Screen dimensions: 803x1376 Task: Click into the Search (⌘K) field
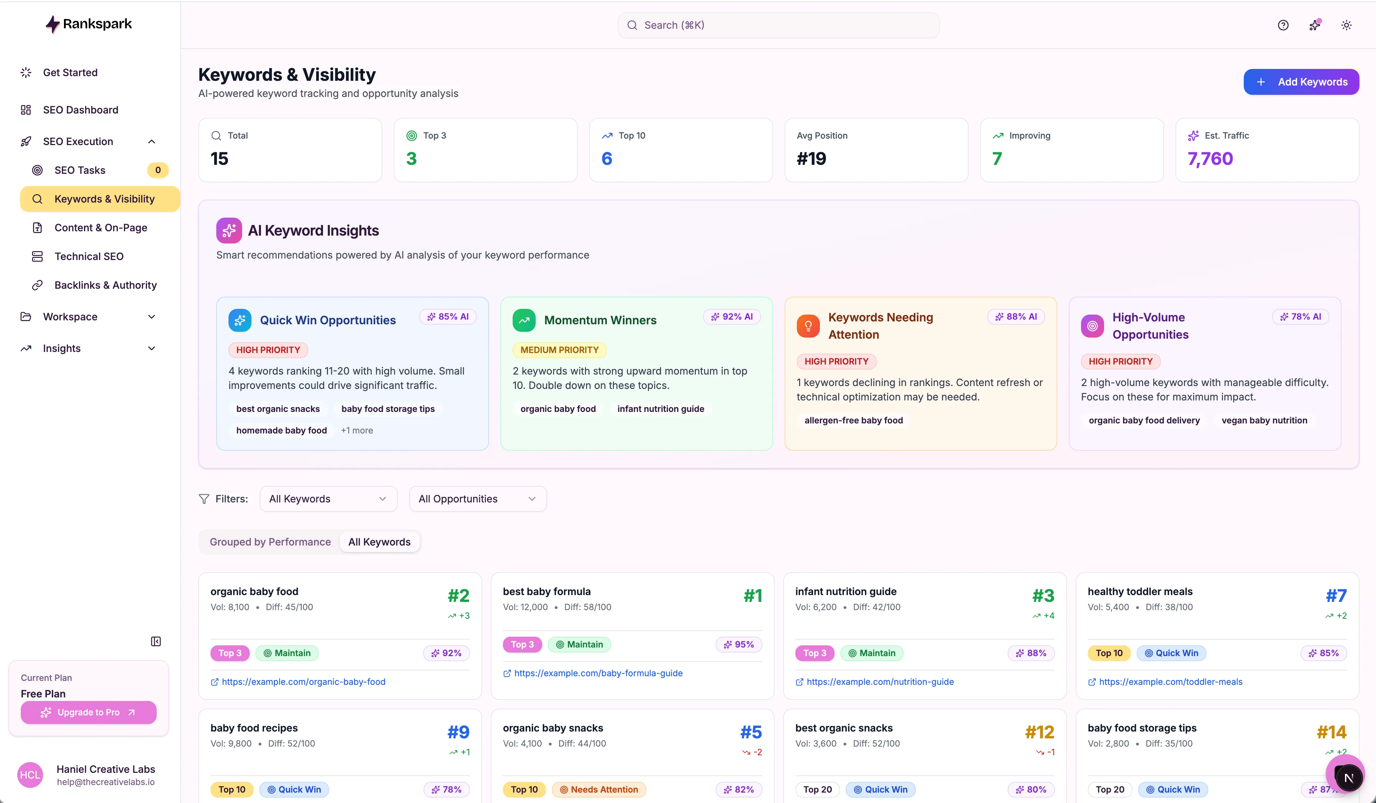pyautogui.click(x=778, y=25)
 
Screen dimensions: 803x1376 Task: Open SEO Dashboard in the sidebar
pyautogui.click(x=80, y=110)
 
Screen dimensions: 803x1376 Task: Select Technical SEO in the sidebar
pyautogui.click(x=88, y=256)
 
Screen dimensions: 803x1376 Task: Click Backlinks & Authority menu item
pyautogui.click(x=105, y=285)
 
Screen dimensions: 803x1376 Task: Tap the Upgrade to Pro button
pyautogui.click(x=88, y=713)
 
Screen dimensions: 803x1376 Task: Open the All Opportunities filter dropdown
pyautogui.click(x=477, y=498)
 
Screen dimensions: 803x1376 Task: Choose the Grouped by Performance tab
pyautogui.click(x=270, y=542)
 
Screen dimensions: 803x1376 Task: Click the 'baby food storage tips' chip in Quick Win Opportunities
pyautogui.click(x=388, y=409)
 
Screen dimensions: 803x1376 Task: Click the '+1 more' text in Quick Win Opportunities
pyautogui.click(x=356, y=430)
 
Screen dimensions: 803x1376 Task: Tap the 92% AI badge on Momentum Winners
pyautogui.click(x=732, y=317)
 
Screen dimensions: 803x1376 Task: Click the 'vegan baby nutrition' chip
pyautogui.click(x=1264, y=420)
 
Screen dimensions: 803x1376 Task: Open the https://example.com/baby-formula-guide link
pyautogui.click(x=598, y=673)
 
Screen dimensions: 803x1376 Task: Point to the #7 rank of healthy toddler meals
pyautogui.click(x=1336, y=595)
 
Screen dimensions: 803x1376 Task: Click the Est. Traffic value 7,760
pyautogui.click(x=1210, y=158)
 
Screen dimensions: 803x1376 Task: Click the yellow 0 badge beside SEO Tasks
pyautogui.click(x=158, y=170)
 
